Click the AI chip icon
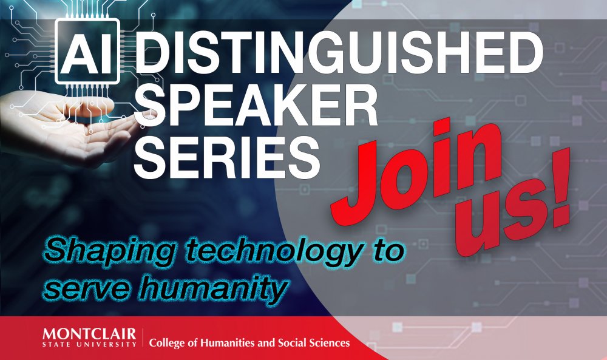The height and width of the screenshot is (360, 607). [87, 51]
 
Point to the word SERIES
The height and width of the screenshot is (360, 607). [227, 157]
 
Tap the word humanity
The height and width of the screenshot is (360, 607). [213, 287]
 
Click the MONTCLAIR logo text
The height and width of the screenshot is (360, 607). [89, 334]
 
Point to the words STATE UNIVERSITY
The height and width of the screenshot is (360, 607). [89, 344]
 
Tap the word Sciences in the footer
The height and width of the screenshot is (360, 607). [330, 342]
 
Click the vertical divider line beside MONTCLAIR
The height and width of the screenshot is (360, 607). [143, 338]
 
